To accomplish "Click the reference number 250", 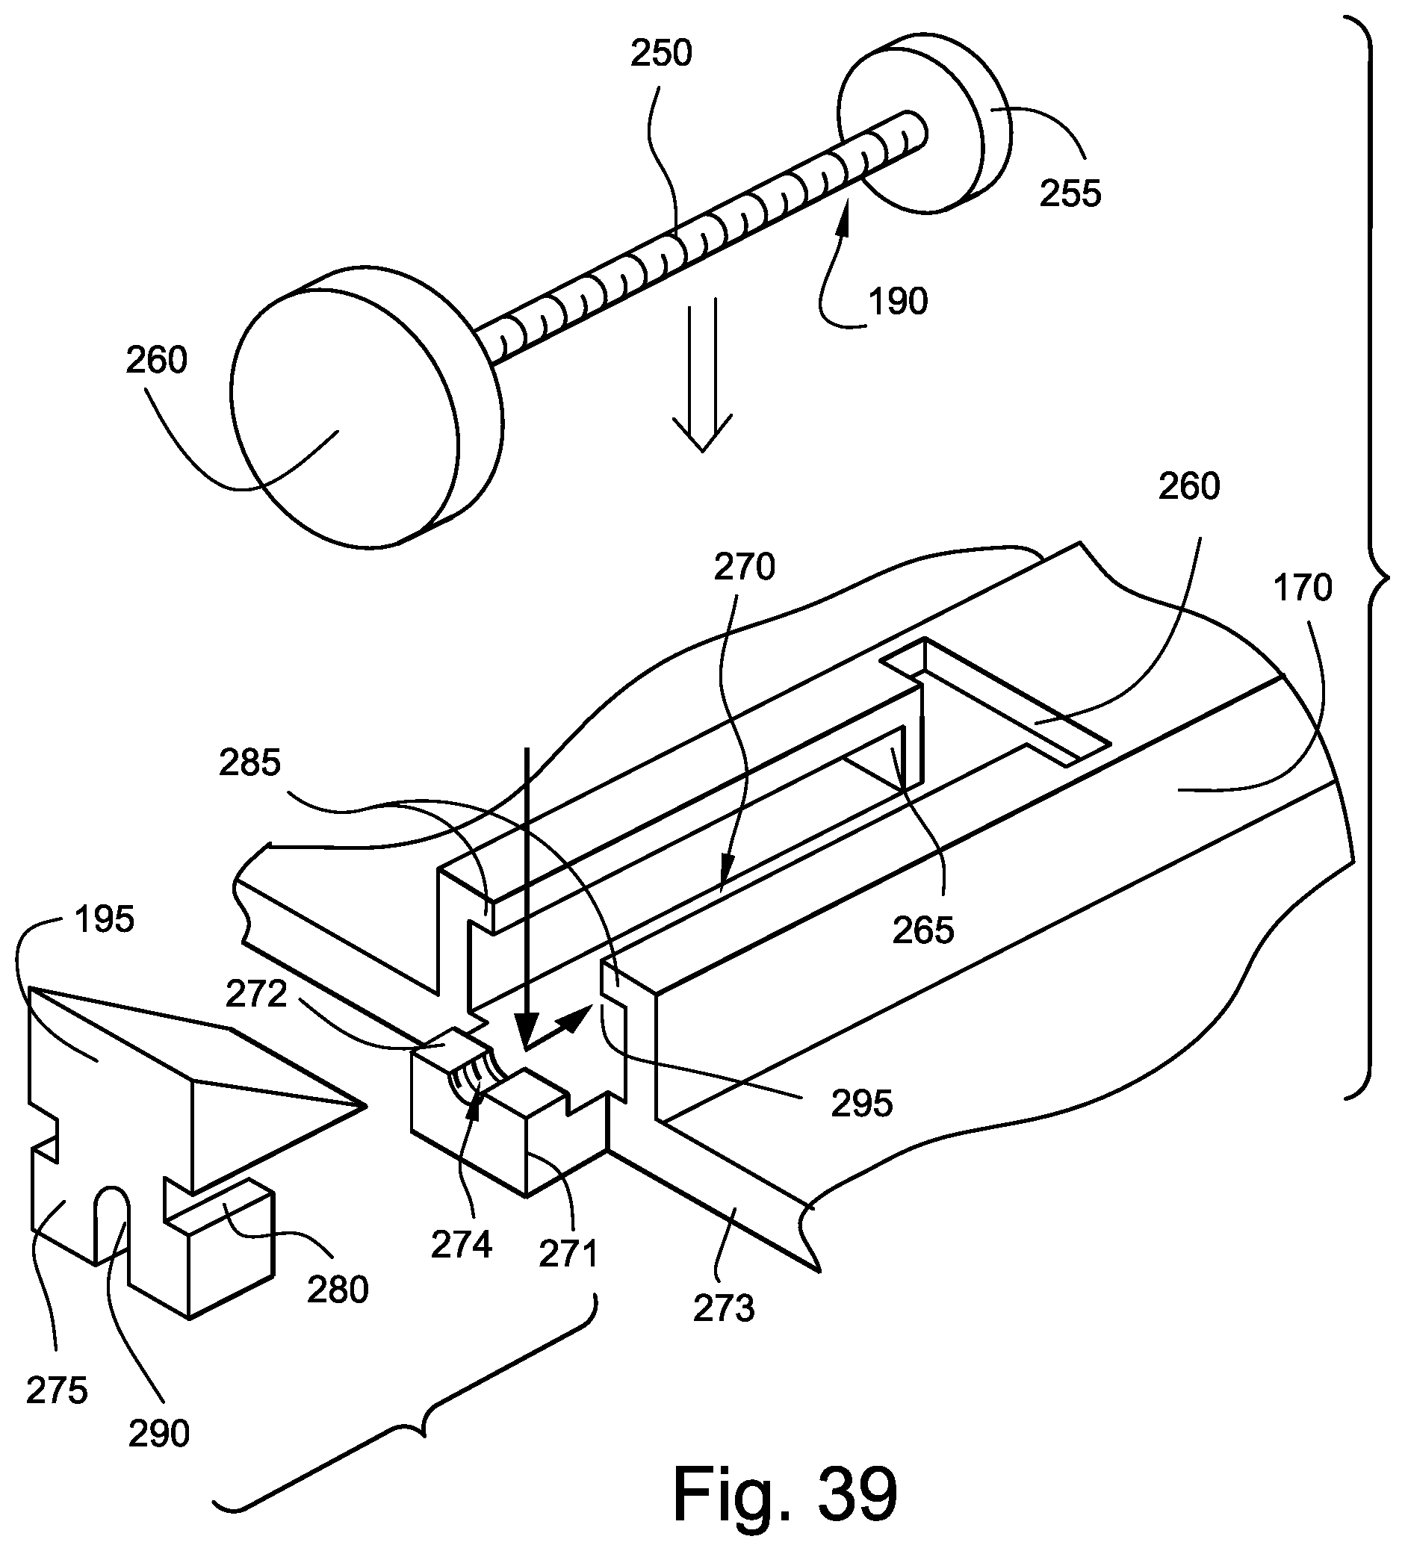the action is tap(661, 54).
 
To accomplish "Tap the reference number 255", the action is tap(1070, 193).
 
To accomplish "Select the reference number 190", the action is tap(898, 301).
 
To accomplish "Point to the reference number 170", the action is tap(1303, 588).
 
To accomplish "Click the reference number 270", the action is tap(744, 567).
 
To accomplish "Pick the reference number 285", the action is tap(250, 762).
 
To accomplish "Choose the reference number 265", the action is tap(923, 930).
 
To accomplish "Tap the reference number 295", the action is tap(862, 1104).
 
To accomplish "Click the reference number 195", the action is tap(105, 919).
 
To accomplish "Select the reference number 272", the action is tap(256, 995).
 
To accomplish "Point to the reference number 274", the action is tap(461, 1245).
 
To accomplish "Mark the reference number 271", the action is tap(568, 1255).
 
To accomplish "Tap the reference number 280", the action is tap(338, 1290).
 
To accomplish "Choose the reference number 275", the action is tap(57, 1391).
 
